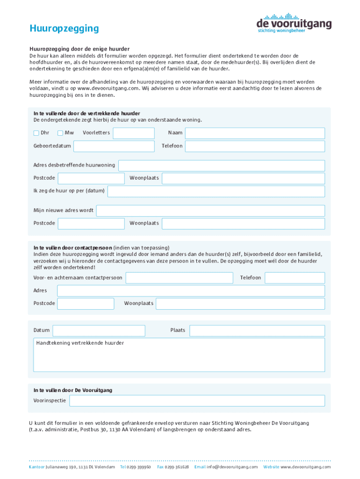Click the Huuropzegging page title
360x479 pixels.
coord(64,29)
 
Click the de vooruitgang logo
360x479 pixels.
coord(294,22)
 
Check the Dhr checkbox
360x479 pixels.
coord(36,133)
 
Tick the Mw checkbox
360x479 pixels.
coord(60,133)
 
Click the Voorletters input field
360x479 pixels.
coord(134,133)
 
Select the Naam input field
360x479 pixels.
coord(255,133)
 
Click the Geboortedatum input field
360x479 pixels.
coord(114,146)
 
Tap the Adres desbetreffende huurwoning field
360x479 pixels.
coord(222,166)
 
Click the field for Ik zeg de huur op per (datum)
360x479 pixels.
coord(216,191)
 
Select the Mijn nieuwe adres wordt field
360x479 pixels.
coord(210,210)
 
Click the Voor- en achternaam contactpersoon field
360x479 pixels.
coord(179,278)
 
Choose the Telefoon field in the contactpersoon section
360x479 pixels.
coord(295,278)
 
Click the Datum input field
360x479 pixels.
coord(99,331)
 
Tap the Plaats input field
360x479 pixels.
coord(257,331)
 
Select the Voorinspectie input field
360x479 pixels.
coord(197,401)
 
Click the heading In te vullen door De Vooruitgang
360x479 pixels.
coord(72,390)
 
